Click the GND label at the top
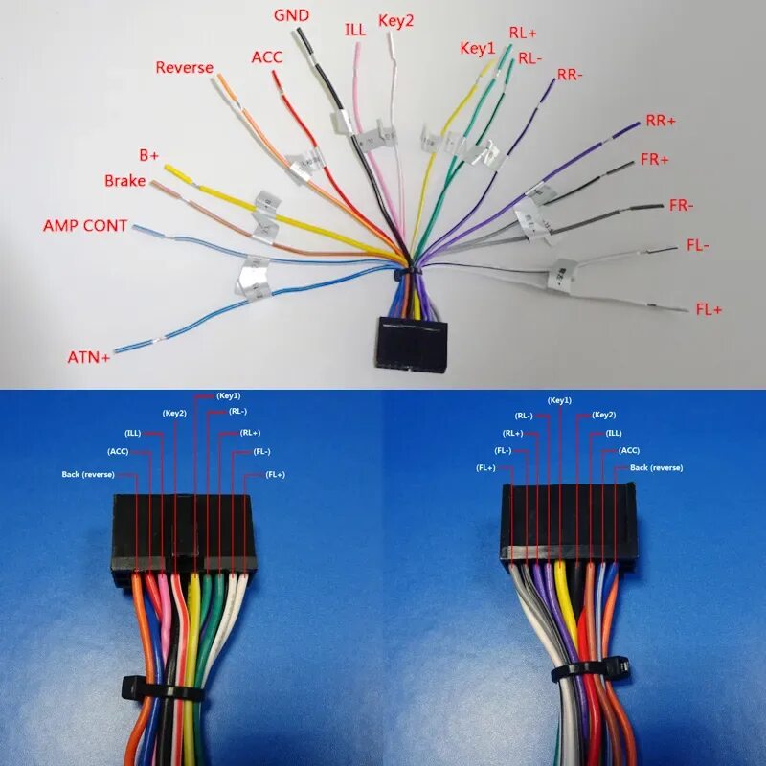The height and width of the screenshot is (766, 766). (x=291, y=15)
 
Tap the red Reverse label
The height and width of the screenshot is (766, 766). (x=184, y=67)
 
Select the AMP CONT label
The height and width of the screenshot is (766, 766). (x=85, y=226)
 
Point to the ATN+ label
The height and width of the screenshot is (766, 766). (x=88, y=357)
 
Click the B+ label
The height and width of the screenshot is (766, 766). (x=149, y=155)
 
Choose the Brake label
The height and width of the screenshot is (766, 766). (x=125, y=181)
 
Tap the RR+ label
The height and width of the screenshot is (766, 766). (x=661, y=121)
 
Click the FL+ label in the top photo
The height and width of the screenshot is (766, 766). (x=709, y=309)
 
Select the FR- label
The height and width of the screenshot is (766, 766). (x=681, y=205)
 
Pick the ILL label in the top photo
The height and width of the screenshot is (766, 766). (x=355, y=30)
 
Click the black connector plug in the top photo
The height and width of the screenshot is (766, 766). (x=412, y=346)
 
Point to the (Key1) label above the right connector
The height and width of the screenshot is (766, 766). (x=559, y=400)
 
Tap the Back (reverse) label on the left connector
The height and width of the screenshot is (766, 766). (x=88, y=474)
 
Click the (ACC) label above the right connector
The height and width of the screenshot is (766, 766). (x=629, y=450)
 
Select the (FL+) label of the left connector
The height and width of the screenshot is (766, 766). (x=276, y=474)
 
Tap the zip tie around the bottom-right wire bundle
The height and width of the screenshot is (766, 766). (x=590, y=669)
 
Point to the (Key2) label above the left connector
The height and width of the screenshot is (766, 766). (x=174, y=414)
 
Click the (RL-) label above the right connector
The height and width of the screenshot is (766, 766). (x=524, y=416)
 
